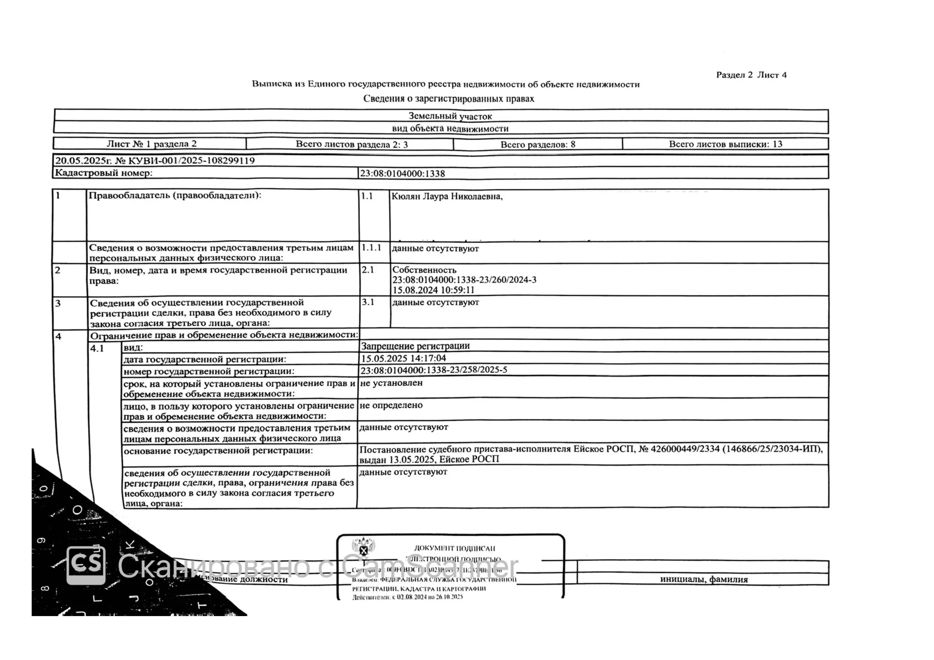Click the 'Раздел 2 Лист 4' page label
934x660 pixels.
tap(751, 75)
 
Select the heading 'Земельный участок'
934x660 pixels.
tap(450, 116)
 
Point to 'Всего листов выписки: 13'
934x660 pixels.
tap(725, 144)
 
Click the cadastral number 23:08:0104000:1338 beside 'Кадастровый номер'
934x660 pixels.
tap(402, 174)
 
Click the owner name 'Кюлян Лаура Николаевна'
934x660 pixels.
tap(447, 196)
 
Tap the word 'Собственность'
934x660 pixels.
tap(424, 270)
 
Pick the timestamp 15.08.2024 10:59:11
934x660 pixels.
tap(433, 290)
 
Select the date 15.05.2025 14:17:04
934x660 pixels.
tap(403, 358)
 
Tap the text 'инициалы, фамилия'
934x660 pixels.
tap(703, 580)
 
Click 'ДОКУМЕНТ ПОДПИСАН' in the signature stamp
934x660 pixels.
tap(454, 548)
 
